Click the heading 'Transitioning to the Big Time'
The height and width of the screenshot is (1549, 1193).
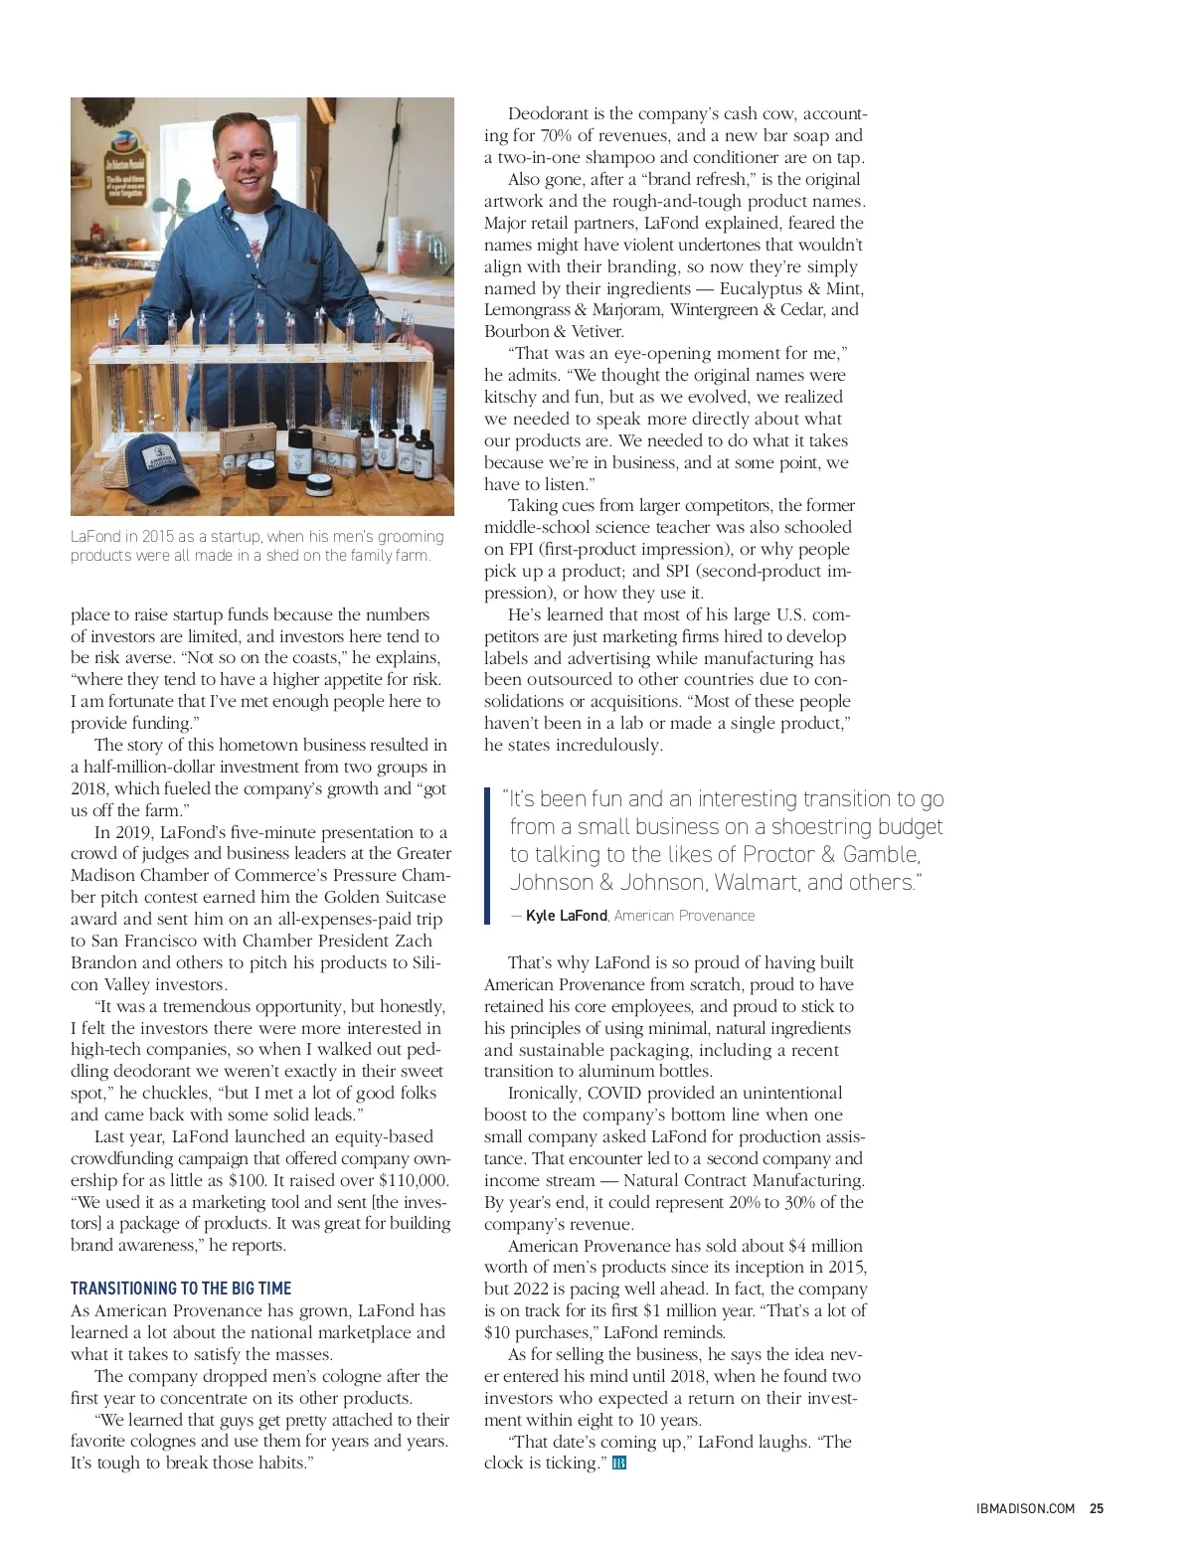click(x=181, y=1289)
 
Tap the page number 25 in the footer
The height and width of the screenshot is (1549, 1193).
click(x=1097, y=1508)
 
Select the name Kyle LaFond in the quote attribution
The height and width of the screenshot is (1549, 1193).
click(x=566, y=916)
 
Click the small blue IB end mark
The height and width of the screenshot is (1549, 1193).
click(x=619, y=1463)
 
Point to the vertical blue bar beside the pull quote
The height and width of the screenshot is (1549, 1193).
click(x=487, y=855)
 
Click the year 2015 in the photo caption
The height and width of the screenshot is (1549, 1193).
click(x=164, y=537)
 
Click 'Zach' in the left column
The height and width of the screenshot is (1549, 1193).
click(x=414, y=941)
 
